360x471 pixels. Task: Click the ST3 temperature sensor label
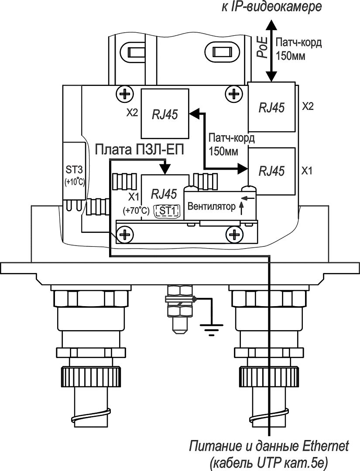click(x=74, y=170)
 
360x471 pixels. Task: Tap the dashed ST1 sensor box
click(x=167, y=211)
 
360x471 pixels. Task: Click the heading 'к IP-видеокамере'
click(x=272, y=7)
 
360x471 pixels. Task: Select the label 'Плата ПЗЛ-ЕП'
click(x=139, y=150)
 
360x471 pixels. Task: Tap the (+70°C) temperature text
click(x=136, y=211)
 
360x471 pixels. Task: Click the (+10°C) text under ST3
click(x=74, y=182)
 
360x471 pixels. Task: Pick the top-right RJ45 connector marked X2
click(x=271, y=107)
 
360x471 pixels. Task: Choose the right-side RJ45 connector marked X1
click(x=271, y=171)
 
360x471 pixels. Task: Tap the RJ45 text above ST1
click(x=164, y=195)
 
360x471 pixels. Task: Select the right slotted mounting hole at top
click(x=222, y=51)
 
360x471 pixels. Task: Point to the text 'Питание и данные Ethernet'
click(x=269, y=446)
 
